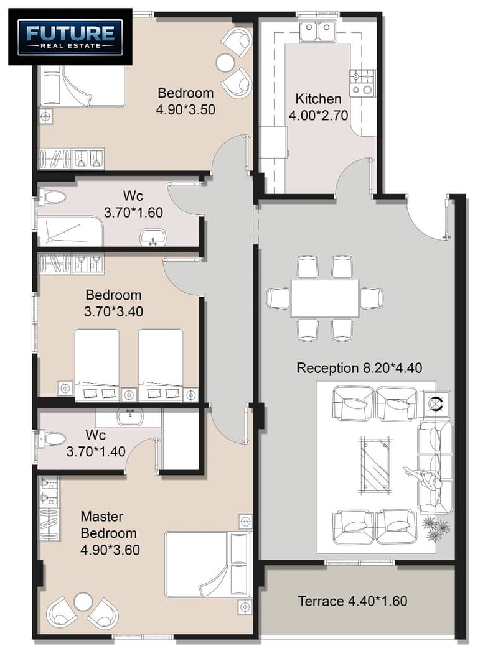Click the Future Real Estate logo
[x=70, y=37]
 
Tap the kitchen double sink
[x=318, y=32]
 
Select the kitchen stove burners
[x=362, y=83]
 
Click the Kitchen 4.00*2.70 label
[x=318, y=107]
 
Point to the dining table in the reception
[x=325, y=298]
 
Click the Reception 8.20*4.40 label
[x=359, y=368]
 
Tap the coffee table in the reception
[x=374, y=465]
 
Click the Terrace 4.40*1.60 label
[x=352, y=601]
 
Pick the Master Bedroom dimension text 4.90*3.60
[x=110, y=550]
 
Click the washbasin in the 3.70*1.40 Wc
[x=130, y=417]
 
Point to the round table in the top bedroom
[x=225, y=63]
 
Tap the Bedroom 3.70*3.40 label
[x=113, y=303]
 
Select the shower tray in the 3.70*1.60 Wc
[x=70, y=231]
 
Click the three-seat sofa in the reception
[x=435, y=467]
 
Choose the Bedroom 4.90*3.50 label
[x=186, y=101]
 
